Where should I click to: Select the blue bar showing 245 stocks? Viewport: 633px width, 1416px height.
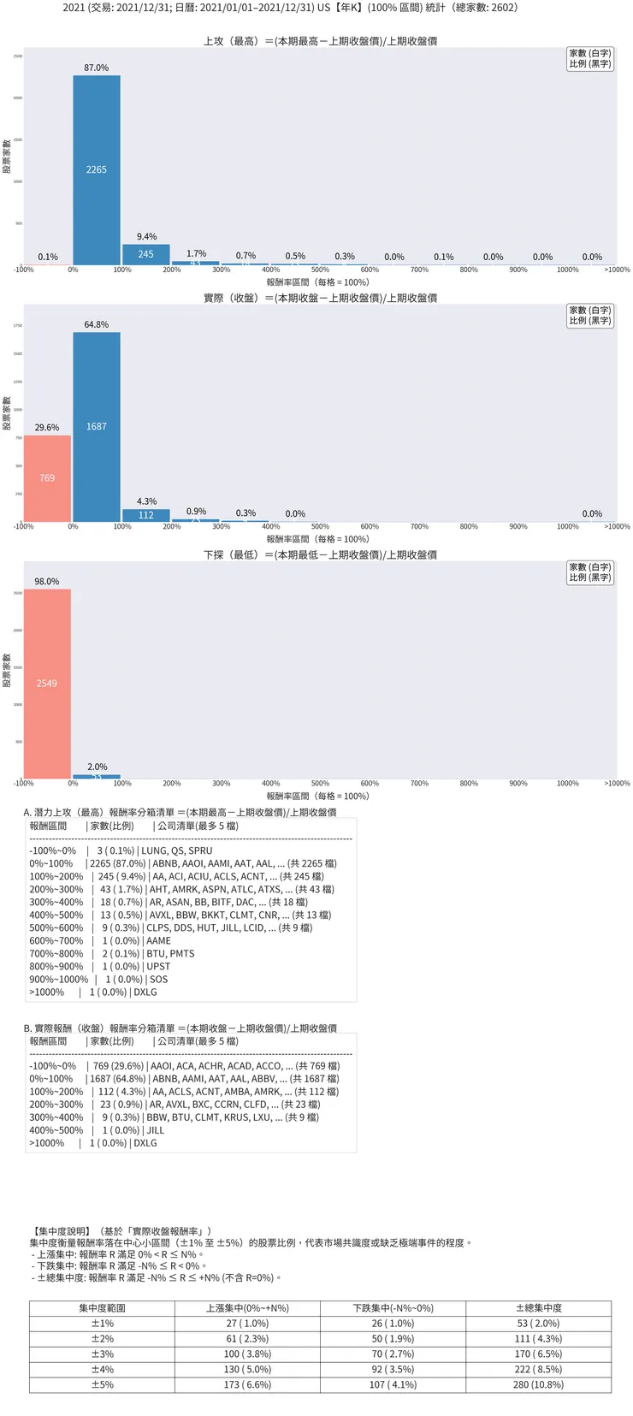click(x=145, y=254)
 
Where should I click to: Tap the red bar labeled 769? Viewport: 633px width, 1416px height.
click(x=47, y=477)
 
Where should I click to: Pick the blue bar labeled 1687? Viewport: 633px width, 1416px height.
click(x=96, y=426)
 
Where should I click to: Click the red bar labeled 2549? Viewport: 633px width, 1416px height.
click(x=47, y=683)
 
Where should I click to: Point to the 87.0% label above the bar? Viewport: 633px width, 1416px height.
click(x=96, y=68)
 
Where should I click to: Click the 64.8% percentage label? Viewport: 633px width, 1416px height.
click(x=96, y=324)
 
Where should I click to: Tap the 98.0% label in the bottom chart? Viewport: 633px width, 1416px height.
click(x=47, y=581)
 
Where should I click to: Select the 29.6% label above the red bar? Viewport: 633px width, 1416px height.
click(x=47, y=427)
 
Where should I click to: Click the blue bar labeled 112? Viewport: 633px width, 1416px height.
click(x=145, y=515)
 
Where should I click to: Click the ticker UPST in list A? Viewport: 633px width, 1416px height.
click(x=158, y=966)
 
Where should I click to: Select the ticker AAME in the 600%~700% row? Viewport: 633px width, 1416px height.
click(x=158, y=940)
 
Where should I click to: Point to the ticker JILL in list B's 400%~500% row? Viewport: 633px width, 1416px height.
click(x=156, y=1129)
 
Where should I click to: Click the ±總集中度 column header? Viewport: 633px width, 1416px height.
click(x=538, y=1307)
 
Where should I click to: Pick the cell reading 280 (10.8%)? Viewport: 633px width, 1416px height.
click(x=538, y=1383)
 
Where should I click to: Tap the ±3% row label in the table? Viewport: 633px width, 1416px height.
click(x=102, y=1354)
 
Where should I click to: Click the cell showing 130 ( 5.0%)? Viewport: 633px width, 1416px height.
click(x=247, y=1369)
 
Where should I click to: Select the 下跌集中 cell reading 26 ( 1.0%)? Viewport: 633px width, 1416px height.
click(x=393, y=1323)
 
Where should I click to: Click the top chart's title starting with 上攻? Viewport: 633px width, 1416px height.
click(x=320, y=41)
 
